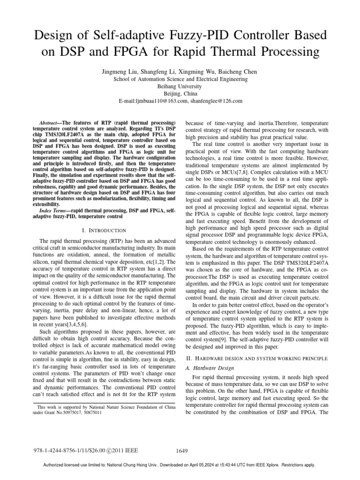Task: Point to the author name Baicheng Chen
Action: pyautogui.click(x=237, y=72)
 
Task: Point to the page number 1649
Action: pyautogui.click(x=182, y=451)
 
